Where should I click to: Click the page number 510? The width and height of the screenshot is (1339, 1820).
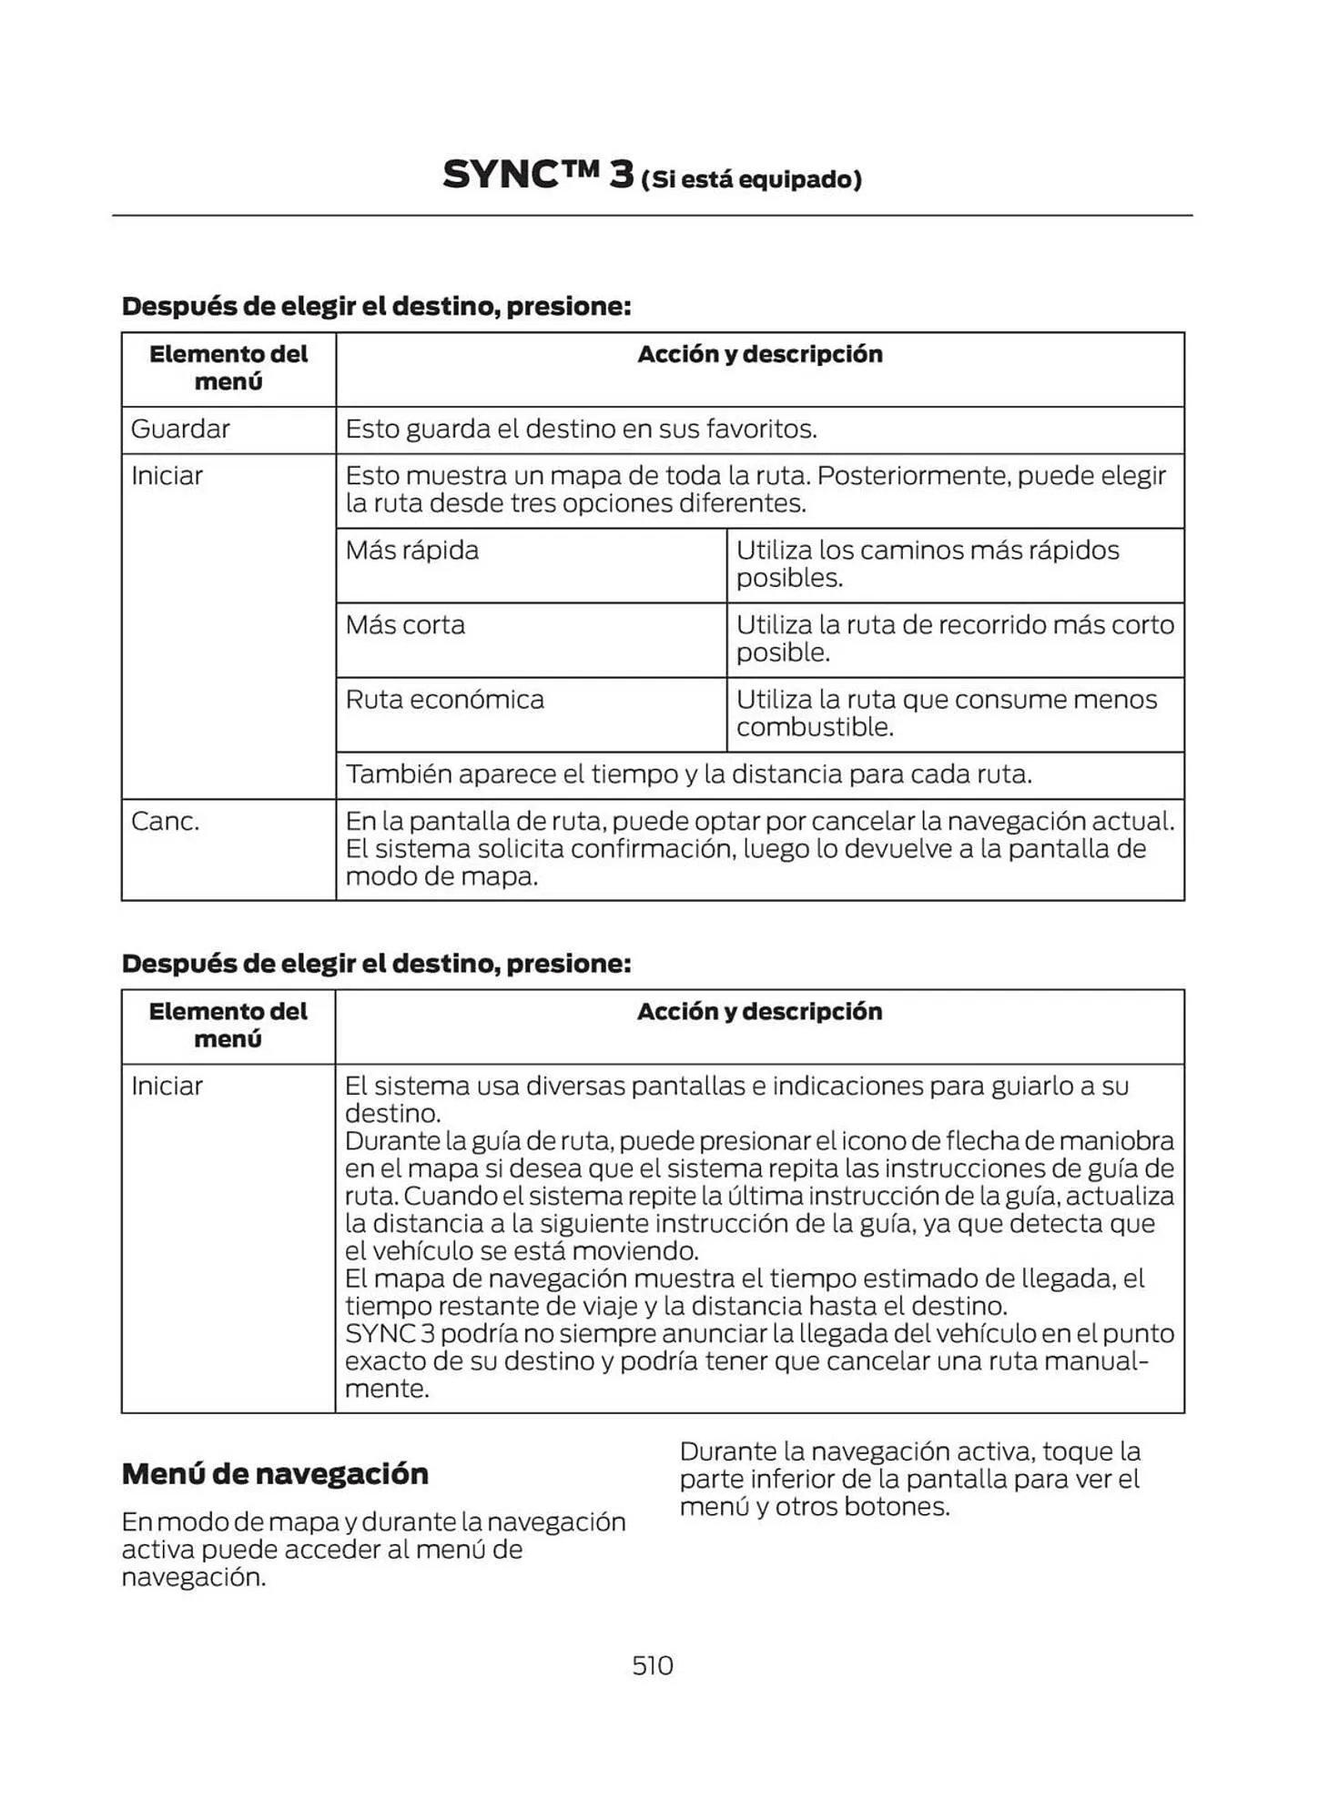[x=652, y=1664]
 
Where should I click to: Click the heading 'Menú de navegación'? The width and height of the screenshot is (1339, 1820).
[x=275, y=1473]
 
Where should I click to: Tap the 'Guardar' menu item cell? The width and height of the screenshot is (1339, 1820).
[x=180, y=429]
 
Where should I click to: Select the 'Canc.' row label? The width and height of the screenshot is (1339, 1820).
[x=165, y=821]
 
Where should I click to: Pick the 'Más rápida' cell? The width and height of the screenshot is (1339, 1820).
[x=411, y=551]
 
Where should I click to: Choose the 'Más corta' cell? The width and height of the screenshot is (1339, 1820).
[x=405, y=625]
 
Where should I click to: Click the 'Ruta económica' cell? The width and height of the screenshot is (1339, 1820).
[x=444, y=700]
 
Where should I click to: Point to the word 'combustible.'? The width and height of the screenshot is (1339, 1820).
[x=815, y=727]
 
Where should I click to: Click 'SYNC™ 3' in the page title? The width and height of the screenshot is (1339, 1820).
[x=537, y=175]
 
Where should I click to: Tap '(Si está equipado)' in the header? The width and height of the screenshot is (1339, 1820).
[x=751, y=179]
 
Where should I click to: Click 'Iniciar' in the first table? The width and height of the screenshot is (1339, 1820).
[x=167, y=476]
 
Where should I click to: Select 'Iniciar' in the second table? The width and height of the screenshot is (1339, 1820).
[x=167, y=1086]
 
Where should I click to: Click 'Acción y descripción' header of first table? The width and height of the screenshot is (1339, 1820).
[x=759, y=354]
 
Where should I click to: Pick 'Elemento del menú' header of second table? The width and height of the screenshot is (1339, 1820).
[x=228, y=1025]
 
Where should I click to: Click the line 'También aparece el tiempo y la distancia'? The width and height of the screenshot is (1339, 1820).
[x=687, y=774]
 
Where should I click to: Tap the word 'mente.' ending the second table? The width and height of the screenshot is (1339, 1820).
[x=386, y=1389]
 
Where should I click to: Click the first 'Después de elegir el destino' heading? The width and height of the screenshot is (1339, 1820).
[x=376, y=306]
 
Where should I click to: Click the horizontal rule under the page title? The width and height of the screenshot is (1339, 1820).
[x=652, y=216]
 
